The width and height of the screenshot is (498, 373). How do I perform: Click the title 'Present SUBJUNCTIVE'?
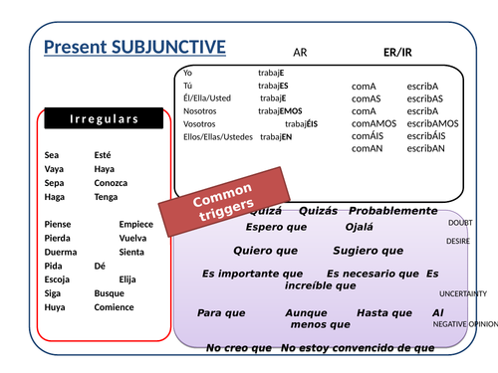click(x=135, y=47)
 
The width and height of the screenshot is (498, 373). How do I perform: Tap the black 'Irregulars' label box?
click(x=104, y=120)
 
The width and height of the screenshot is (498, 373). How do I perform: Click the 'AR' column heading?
click(x=300, y=52)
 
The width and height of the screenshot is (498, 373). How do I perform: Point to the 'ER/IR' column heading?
click(x=396, y=51)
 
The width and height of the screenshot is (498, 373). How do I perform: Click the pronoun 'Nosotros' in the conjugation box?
click(x=202, y=110)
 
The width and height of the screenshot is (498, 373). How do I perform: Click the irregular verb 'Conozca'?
click(x=111, y=183)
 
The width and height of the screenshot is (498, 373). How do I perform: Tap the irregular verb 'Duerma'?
click(x=61, y=253)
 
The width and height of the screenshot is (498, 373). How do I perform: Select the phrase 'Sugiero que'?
click(x=368, y=251)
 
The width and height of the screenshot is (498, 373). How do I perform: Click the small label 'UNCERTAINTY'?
click(x=463, y=293)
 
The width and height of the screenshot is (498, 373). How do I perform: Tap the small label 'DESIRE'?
click(x=458, y=241)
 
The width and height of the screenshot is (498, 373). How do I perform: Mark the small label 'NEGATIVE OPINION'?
click(x=464, y=324)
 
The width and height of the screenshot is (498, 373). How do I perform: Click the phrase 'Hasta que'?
click(x=383, y=312)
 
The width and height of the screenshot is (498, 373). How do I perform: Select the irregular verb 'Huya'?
click(x=55, y=307)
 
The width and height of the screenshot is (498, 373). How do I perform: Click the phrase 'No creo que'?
click(x=238, y=348)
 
